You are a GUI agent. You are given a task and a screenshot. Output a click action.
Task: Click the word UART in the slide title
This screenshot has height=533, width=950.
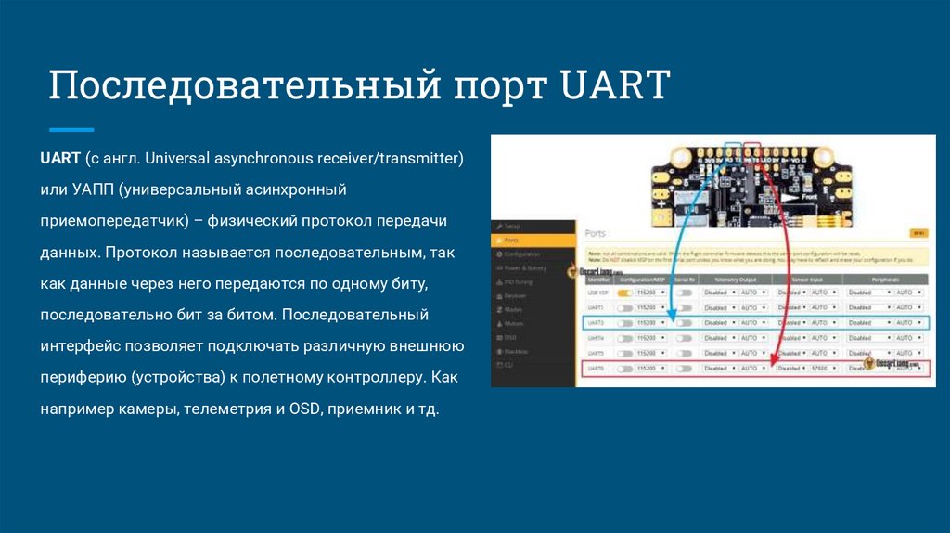point(616,85)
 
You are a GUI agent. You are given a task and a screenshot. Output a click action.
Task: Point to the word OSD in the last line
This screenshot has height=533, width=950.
point(307,409)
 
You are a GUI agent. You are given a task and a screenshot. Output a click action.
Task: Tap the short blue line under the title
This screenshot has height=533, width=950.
point(71,130)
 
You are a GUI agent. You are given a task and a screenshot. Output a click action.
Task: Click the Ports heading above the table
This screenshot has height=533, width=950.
point(596,233)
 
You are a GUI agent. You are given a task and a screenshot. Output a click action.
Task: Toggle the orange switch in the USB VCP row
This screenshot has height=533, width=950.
point(624,292)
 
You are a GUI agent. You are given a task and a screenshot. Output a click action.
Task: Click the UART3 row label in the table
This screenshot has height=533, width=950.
point(597,323)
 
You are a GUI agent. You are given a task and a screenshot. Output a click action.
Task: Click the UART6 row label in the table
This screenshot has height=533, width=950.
point(597,369)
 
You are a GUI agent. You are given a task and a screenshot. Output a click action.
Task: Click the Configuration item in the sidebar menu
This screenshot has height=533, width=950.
point(523,253)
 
